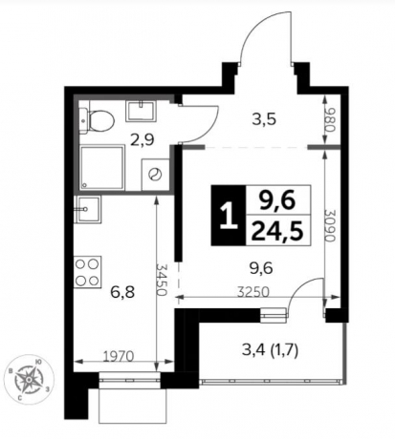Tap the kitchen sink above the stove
pyautogui.click(x=88, y=207)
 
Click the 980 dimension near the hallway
pyautogui.click(x=331, y=121)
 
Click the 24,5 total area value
pyautogui.click(x=270, y=229)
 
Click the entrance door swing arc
pyautogui.click(x=260, y=38)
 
